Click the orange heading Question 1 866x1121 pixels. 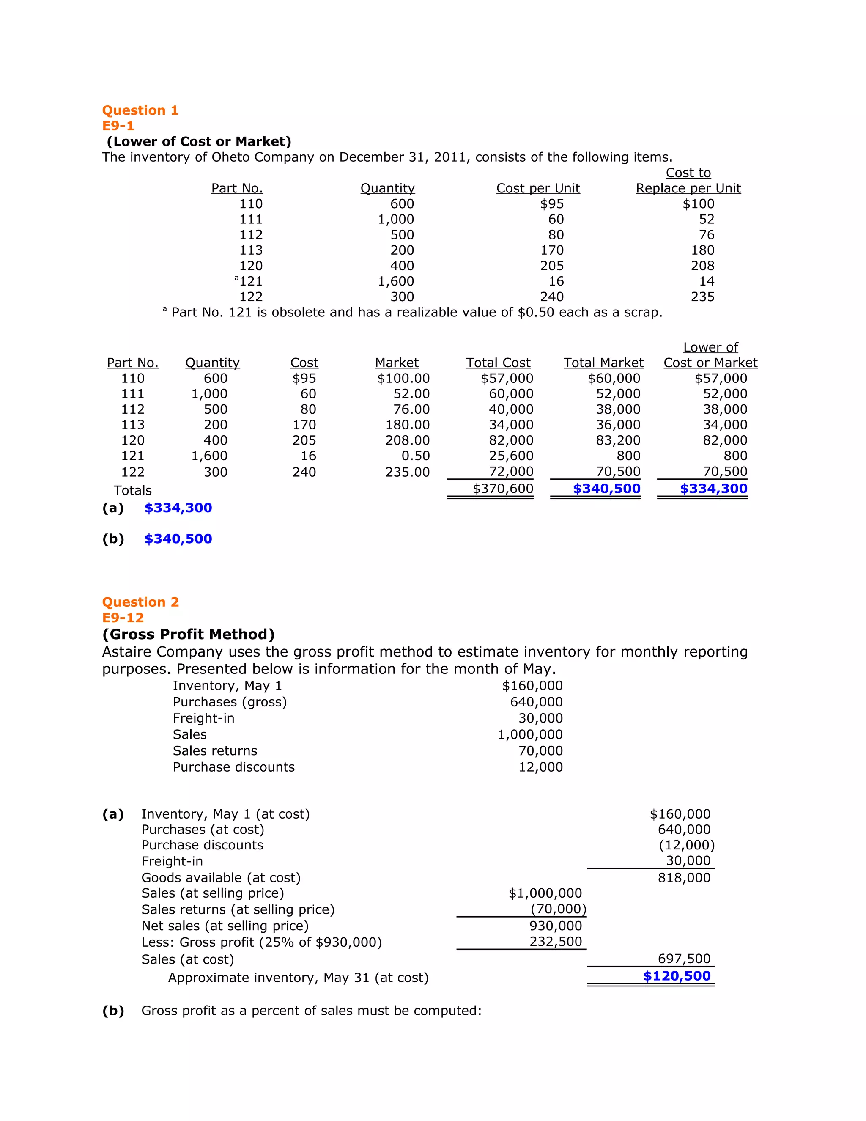click(140, 110)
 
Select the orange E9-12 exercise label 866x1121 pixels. click(123, 618)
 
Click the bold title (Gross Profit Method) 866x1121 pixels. click(188, 635)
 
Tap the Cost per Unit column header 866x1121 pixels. click(538, 188)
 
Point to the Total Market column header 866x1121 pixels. click(603, 363)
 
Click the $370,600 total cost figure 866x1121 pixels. click(503, 489)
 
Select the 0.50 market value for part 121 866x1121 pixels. click(416, 456)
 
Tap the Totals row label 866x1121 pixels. click(132, 490)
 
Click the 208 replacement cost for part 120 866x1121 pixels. click(702, 266)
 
